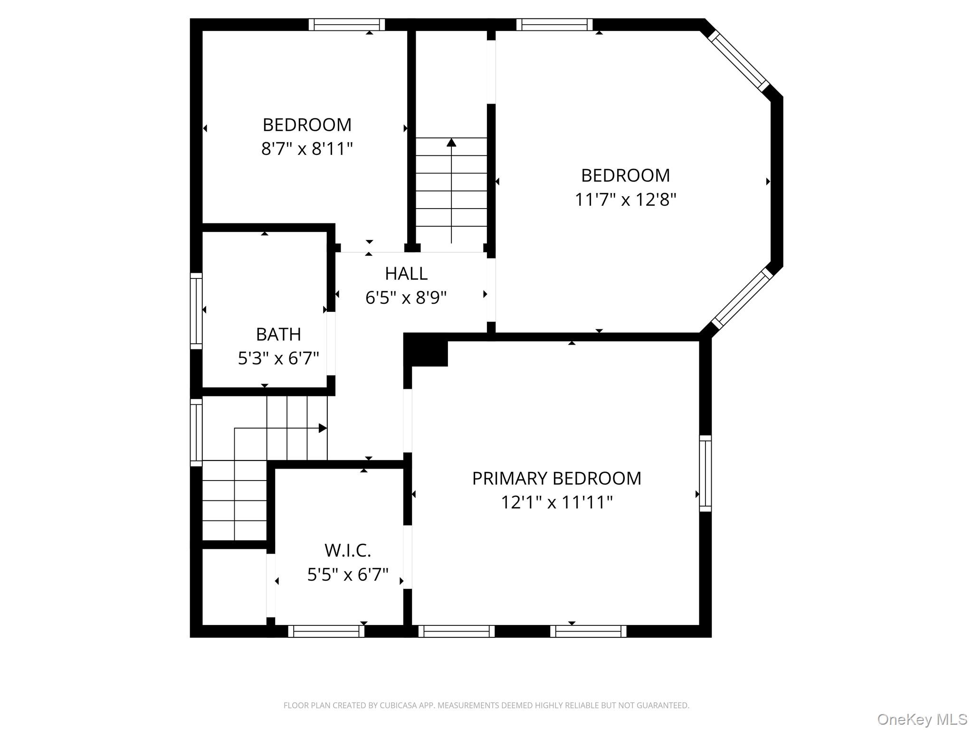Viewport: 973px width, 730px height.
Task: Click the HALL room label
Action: (x=406, y=273)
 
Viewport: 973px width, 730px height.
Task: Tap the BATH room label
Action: (x=278, y=335)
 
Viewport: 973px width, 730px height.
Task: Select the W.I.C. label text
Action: (x=347, y=550)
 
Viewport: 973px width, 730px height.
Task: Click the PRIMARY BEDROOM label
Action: (x=556, y=478)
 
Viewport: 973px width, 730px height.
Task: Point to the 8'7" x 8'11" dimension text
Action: (x=307, y=149)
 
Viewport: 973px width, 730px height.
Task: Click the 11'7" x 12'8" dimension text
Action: (x=625, y=200)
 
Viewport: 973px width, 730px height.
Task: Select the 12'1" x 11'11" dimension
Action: (x=556, y=502)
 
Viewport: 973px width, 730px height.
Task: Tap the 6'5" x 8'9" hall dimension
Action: (x=406, y=298)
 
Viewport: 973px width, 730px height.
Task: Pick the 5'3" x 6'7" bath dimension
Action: (x=278, y=358)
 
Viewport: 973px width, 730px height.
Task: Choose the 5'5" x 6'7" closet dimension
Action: (x=347, y=575)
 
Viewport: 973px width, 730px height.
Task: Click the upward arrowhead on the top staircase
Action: (x=451, y=142)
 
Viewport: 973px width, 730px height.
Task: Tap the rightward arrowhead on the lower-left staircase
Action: (x=323, y=428)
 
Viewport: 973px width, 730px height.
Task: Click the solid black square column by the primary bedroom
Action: (x=426, y=350)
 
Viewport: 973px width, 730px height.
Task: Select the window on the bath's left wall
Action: (x=196, y=311)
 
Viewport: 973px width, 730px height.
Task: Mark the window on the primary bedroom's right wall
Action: (x=706, y=473)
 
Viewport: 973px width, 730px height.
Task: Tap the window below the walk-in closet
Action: (x=326, y=631)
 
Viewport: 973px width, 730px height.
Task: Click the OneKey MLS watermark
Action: (x=922, y=720)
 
